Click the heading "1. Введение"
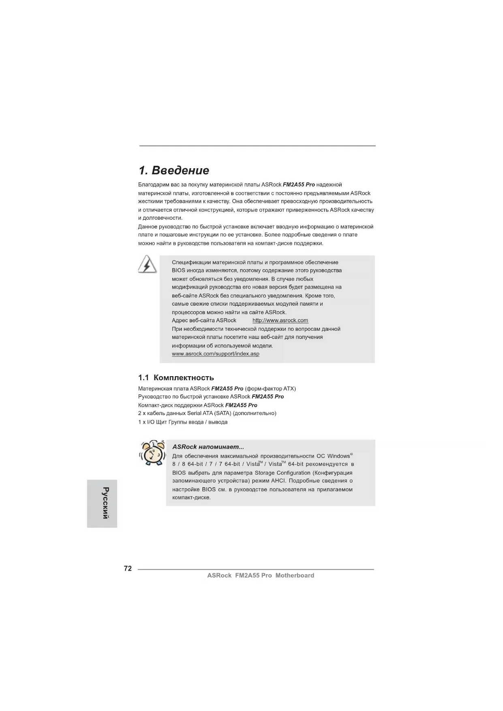click(173, 170)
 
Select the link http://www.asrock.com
click(280, 321)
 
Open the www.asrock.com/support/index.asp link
click(215, 354)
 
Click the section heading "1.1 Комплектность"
click(176, 378)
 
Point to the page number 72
click(128, 569)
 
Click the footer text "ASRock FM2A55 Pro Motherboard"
click(260, 576)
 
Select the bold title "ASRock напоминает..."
click(208, 447)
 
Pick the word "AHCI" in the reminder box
click(278, 481)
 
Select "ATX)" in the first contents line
click(289, 389)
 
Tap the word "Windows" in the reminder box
click(338, 456)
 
